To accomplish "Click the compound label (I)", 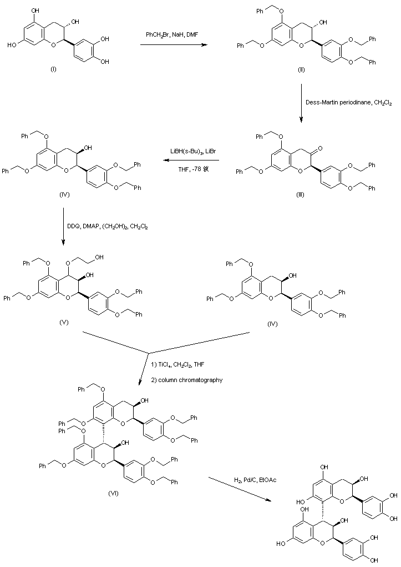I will pyautogui.click(x=53, y=71).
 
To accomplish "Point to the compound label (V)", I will pyautogui.click(x=64, y=322).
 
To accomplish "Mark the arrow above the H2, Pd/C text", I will pyautogui.click(x=240, y=489).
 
